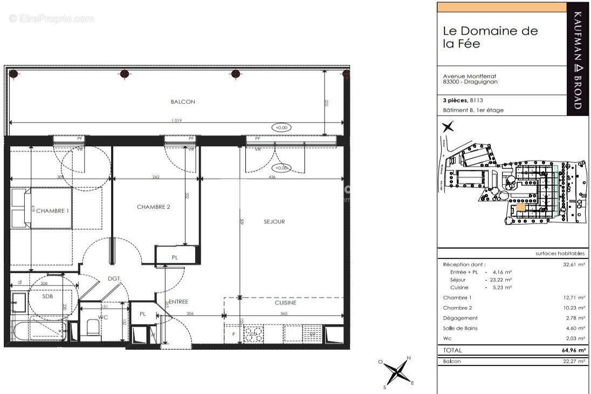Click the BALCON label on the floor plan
click(x=183, y=101)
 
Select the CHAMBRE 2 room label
click(x=154, y=207)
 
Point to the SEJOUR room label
click(x=274, y=221)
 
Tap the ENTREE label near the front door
click(x=178, y=302)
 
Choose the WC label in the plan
click(x=104, y=317)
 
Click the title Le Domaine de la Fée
click(x=490, y=37)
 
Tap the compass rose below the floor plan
click(x=397, y=372)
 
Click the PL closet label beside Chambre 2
click(x=174, y=257)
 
